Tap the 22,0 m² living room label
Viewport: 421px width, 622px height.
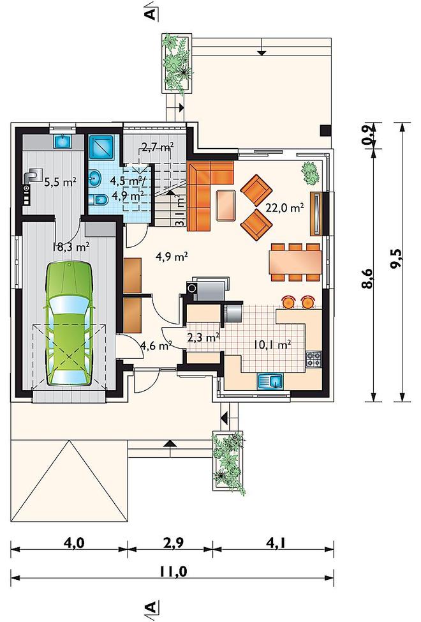pyautogui.click(x=284, y=208)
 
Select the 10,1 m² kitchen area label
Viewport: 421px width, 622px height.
pyautogui.click(x=272, y=344)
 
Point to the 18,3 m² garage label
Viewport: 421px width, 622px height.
pyautogui.click(x=71, y=247)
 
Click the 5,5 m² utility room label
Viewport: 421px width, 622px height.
pyautogui.click(x=60, y=182)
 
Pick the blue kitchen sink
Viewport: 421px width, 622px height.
pyautogui.click(x=270, y=381)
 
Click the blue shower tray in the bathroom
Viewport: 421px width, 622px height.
pyautogui.click(x=101, y=147)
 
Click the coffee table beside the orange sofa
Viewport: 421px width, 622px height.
pyautogui.click(x=226, y=205)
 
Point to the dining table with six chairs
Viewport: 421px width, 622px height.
pyautogui.click(x=296, y=262)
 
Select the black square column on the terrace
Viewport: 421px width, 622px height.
pyautogui.click(x=325, y=130)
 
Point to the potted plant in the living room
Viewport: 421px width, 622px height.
pyautogui.click(x=310, y=173)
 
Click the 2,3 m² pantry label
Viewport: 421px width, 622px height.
pyautogui.click(x=203, y=338)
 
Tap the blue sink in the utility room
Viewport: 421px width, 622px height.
pyautogui.click(x=62, y=141)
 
